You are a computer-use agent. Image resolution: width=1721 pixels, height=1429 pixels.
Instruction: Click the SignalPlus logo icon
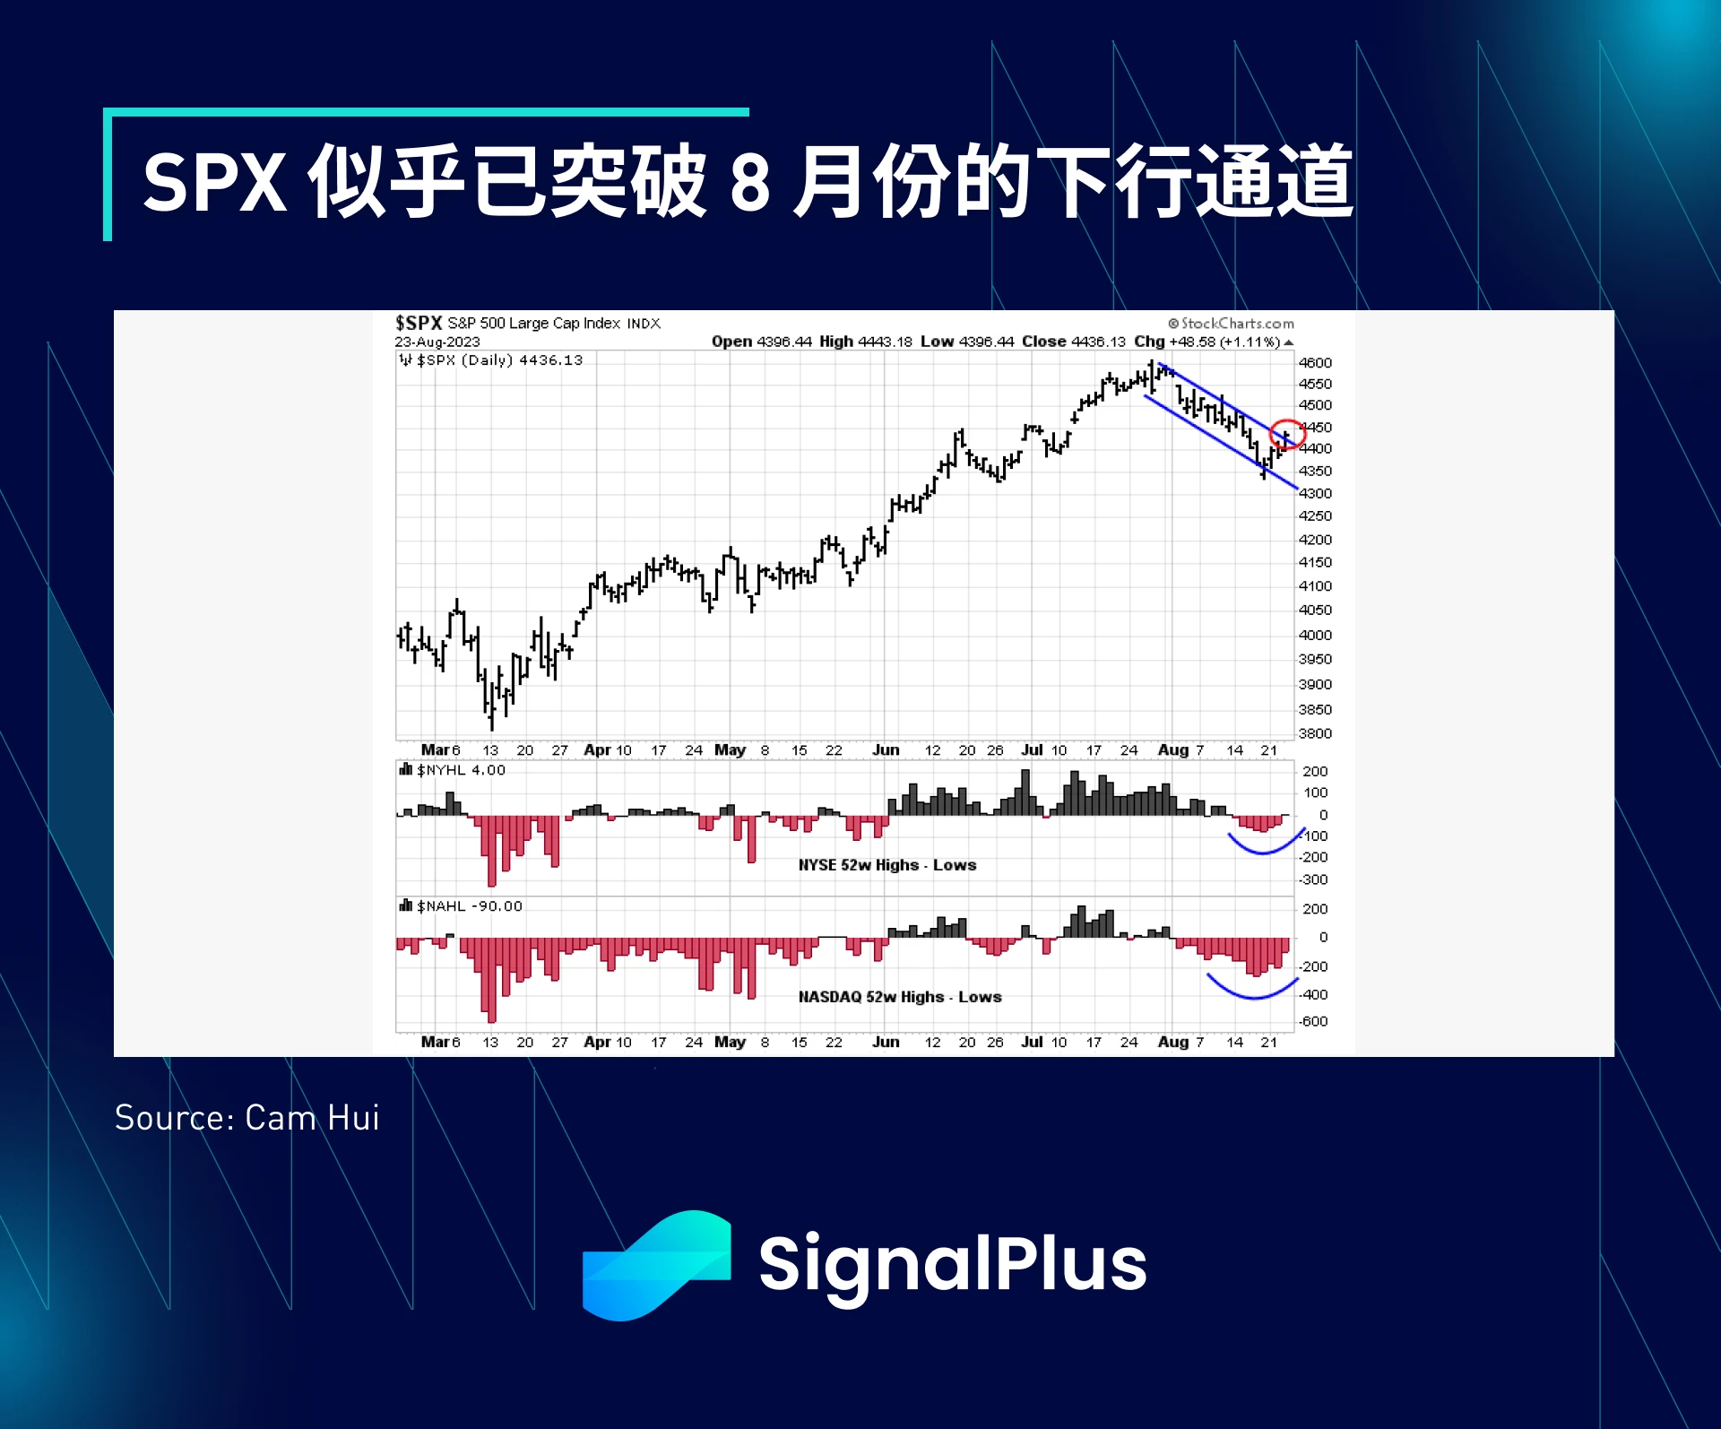point(656,1265)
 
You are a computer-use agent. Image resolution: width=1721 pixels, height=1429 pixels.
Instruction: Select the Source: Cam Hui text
point(247,1118)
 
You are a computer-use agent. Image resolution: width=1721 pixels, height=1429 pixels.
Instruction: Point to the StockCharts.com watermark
point(1232,324)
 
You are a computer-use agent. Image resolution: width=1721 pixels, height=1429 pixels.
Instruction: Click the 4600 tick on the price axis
point(1315,363)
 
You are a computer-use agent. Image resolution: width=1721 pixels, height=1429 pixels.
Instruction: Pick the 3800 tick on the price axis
point(1315,733)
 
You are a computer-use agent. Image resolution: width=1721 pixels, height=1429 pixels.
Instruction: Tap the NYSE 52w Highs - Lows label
point(887,865)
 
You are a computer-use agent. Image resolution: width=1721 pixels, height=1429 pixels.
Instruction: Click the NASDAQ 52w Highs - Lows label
point(900,997)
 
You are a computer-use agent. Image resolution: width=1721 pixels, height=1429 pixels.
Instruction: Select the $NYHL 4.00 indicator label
point(453,770)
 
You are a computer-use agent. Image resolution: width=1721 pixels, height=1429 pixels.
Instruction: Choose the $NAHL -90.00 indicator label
point(461,906)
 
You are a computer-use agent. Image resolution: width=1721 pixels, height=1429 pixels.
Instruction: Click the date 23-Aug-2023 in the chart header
point(437,342)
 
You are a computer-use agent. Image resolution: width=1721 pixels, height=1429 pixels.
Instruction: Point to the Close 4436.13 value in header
point(1074,342)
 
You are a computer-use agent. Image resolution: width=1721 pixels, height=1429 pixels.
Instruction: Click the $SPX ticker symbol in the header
point(419,323)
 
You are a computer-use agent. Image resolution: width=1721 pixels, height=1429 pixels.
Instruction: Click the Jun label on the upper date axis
point(886,749)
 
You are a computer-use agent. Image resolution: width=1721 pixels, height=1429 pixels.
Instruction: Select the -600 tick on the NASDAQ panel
point(1313,1021)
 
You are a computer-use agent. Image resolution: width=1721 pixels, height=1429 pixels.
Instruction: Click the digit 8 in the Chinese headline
point(751,182)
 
